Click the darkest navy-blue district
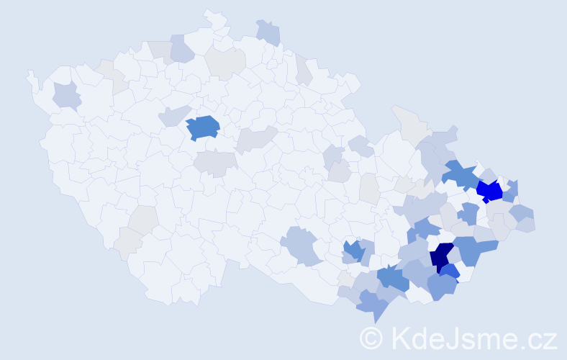coord(441,257)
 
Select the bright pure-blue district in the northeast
coord(489,191)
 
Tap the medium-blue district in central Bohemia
coord(203,127)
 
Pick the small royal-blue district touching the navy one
coord(450,272)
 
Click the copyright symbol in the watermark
coord(371,338)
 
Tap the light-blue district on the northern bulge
coord(268,32)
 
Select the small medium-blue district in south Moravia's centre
coord(353,250)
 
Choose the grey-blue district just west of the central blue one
coord(173,115)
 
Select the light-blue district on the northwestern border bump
coord(181,48)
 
